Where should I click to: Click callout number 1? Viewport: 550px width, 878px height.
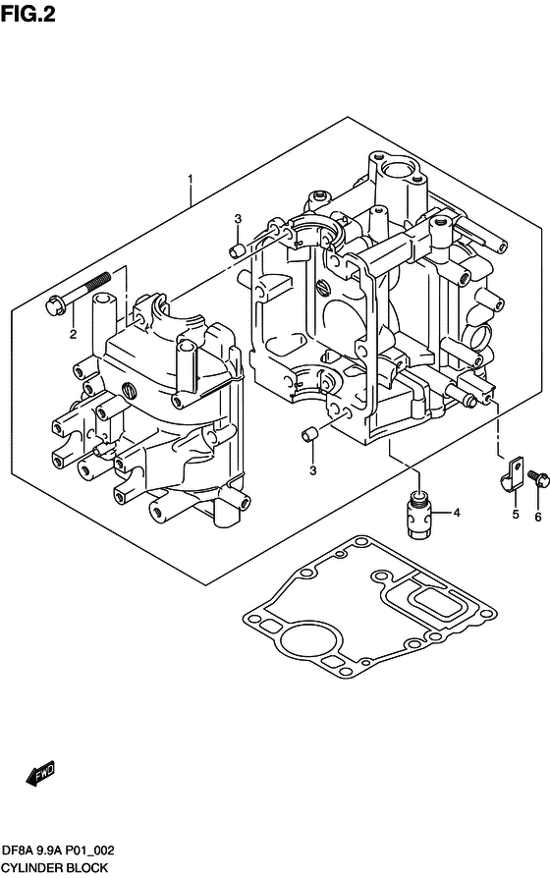[191, 179]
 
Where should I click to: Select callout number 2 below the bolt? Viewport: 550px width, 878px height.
[73, 335]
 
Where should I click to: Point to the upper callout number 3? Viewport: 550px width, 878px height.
[238, 218]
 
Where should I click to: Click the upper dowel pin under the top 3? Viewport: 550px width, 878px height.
[237, 250]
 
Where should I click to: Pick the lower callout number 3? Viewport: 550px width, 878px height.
[312, 470]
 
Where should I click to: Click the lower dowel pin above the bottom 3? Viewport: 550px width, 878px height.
[308, 434]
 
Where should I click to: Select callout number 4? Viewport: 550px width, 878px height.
[457, 513]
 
